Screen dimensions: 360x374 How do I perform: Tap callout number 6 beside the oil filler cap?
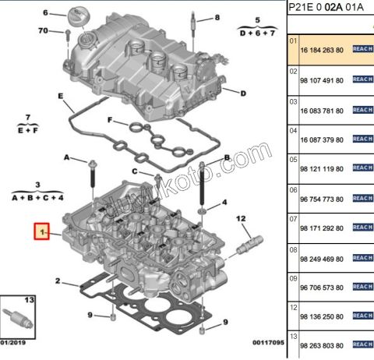coord(45,13)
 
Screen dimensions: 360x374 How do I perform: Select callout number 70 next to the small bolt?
coord(44,31)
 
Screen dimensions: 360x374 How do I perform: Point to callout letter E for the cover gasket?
coord(60,96)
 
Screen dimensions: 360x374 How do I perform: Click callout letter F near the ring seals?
coord(111,121)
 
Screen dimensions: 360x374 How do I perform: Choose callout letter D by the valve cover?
coord(243,94)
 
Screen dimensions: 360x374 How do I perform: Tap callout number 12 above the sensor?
coord(241,218)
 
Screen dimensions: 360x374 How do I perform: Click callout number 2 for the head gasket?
coord(57,281)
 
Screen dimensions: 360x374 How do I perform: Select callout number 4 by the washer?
coord(224,203)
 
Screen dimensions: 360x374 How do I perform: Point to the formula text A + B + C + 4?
coord(38,199)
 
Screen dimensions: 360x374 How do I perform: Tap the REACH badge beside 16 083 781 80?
coord(363,109)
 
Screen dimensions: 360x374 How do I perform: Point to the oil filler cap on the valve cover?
coord(77,16)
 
